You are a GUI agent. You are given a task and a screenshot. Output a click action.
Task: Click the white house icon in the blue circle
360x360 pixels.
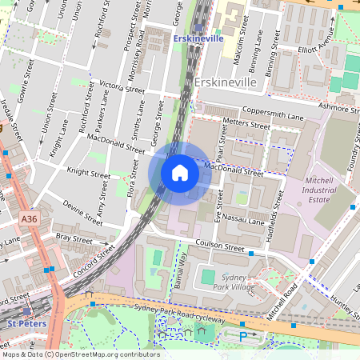180,173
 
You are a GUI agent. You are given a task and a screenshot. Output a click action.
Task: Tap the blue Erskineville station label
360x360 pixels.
200,38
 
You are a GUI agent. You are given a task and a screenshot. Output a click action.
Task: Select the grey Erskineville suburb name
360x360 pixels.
226,82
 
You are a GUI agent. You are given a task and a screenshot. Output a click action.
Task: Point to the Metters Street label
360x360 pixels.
247,124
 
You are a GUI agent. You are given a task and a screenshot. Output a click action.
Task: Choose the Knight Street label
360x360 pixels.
88,172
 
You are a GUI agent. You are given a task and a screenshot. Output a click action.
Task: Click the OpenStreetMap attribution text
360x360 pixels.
81,354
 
